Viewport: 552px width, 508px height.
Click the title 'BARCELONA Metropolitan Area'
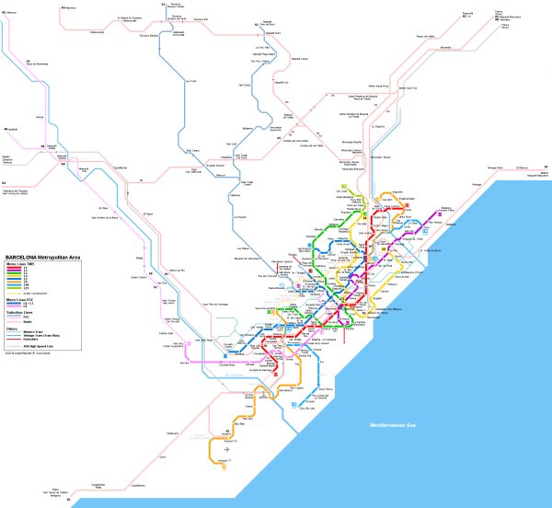43,257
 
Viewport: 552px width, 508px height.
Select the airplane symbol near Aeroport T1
226,449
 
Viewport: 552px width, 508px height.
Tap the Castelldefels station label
138,485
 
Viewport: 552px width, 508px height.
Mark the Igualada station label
11,129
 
